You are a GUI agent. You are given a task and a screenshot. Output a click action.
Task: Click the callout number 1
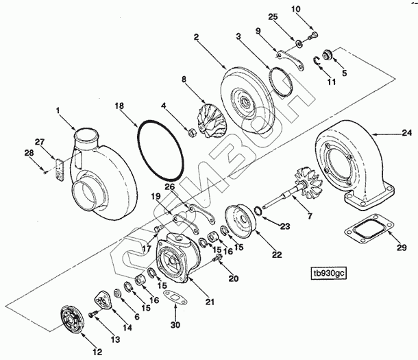click(x=58, y=109)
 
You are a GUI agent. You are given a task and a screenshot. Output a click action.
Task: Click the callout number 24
click(x=406, y=132)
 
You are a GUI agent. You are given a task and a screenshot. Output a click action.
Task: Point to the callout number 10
click(x=315, y=8)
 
